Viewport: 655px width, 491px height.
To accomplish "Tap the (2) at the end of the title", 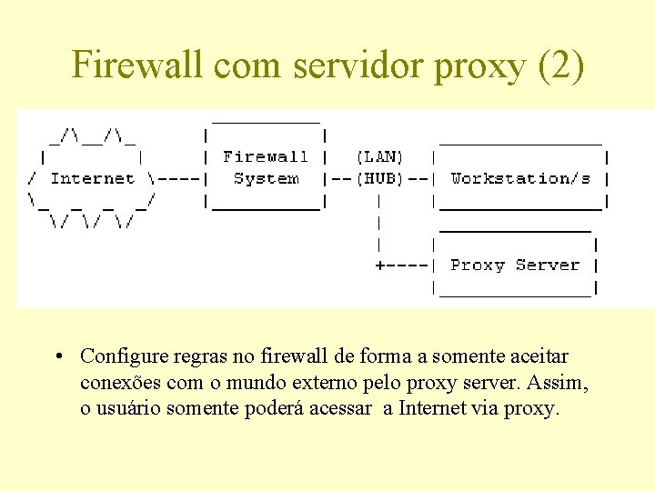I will [559, 65].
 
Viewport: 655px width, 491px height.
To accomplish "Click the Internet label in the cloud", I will [92, 179].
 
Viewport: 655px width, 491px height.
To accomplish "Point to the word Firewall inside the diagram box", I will [266, 157].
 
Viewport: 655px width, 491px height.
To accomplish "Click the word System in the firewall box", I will [266, 179].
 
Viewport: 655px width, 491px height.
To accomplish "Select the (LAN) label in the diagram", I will [379, 157].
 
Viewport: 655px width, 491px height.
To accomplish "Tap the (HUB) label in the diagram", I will [379, 179].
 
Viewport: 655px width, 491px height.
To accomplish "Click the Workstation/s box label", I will [520, 179].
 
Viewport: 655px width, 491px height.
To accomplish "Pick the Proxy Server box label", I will [515, 266].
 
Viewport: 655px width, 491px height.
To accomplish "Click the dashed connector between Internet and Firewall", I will [178, 179].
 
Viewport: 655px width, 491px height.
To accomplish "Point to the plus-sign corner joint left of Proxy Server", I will [380, 266].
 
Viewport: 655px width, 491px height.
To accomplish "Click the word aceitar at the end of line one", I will [542, 356].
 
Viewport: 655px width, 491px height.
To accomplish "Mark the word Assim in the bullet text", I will [557, 383].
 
